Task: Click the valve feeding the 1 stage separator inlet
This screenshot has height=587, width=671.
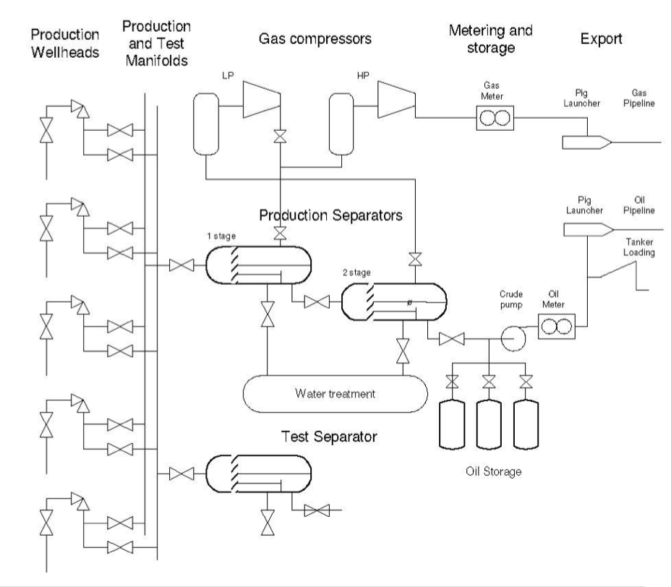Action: click(x=180, y=266)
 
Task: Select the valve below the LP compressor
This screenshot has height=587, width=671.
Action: click(x=279, y=136)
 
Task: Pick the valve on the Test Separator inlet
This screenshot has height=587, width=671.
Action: click(x=180, y=474)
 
